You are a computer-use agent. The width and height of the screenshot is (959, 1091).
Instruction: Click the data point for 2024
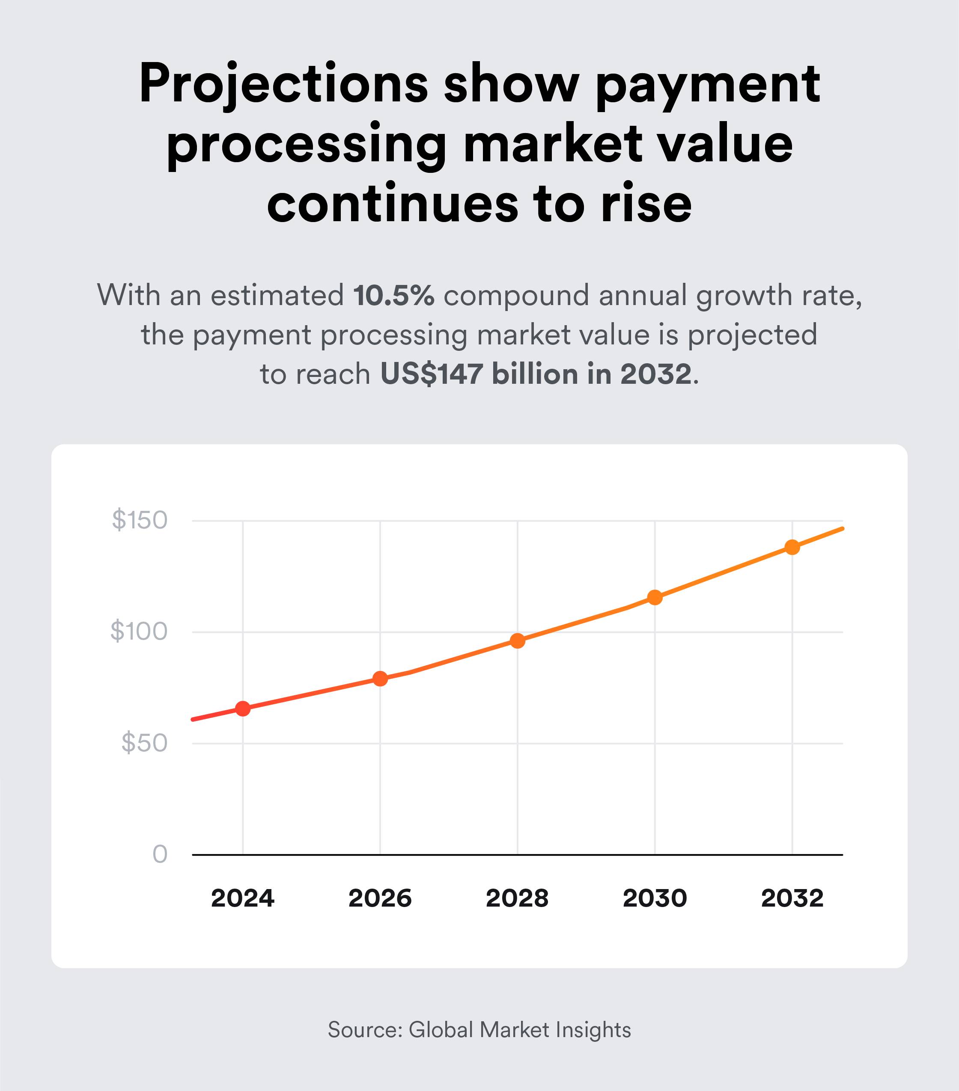(x=243, y=709)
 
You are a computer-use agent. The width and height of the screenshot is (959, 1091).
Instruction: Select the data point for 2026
(x=380, y=679)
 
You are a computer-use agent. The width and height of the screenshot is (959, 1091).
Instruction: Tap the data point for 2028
(x=518, y=641)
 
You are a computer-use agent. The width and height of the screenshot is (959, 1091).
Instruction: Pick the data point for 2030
(x=655, y=597)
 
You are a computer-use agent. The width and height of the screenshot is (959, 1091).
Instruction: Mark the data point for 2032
(x=792, y=547)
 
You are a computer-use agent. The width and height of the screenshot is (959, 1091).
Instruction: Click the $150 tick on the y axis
(x=140, y=520)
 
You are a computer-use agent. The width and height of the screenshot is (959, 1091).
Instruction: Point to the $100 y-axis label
(x=139, y=632)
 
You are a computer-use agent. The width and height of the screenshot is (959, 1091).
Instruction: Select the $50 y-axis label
(x=144, y=743)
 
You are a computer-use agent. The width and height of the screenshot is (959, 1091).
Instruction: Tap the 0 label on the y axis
(x=160, y=854)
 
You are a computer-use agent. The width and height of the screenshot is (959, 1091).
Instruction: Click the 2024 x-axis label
(x=243, y=899)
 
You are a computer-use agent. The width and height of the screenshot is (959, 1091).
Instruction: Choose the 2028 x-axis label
(x=518, y=899)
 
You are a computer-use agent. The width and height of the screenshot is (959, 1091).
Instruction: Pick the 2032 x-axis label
(x=792, y=899)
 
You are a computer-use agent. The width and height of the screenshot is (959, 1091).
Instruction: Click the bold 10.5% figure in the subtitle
(x=393, y=296)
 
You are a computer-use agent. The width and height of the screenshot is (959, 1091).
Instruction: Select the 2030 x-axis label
(x=655, y=899)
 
